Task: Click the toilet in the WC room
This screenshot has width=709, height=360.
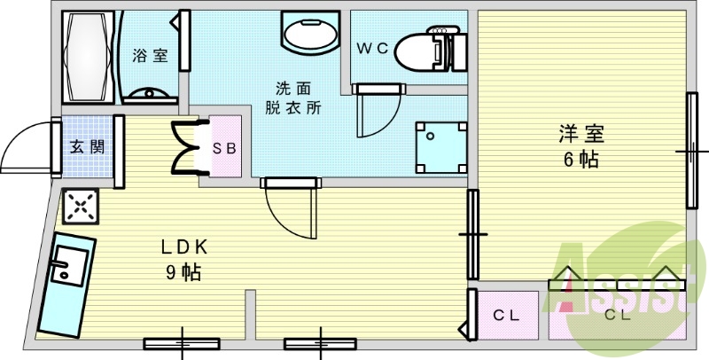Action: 431,49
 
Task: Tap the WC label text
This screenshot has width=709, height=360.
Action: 372,49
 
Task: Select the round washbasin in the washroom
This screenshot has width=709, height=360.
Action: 310,33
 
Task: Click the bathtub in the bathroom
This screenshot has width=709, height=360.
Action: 89,57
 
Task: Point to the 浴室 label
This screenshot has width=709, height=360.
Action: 150,56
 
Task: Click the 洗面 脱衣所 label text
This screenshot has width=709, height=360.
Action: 293,98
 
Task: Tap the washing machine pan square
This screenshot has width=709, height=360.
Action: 440,147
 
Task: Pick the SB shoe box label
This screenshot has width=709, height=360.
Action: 225,148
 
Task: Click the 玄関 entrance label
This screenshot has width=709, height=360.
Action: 87,146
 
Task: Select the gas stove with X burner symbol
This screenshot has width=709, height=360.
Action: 81,207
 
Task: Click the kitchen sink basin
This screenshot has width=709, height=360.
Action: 69,266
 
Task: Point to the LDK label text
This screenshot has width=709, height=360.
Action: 184,247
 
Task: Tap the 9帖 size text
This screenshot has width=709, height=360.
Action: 183,272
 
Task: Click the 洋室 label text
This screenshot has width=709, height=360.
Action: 581,133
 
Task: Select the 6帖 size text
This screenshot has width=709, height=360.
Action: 581,160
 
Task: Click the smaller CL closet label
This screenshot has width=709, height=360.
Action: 506,316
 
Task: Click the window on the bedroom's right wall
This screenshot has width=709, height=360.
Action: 692,151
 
